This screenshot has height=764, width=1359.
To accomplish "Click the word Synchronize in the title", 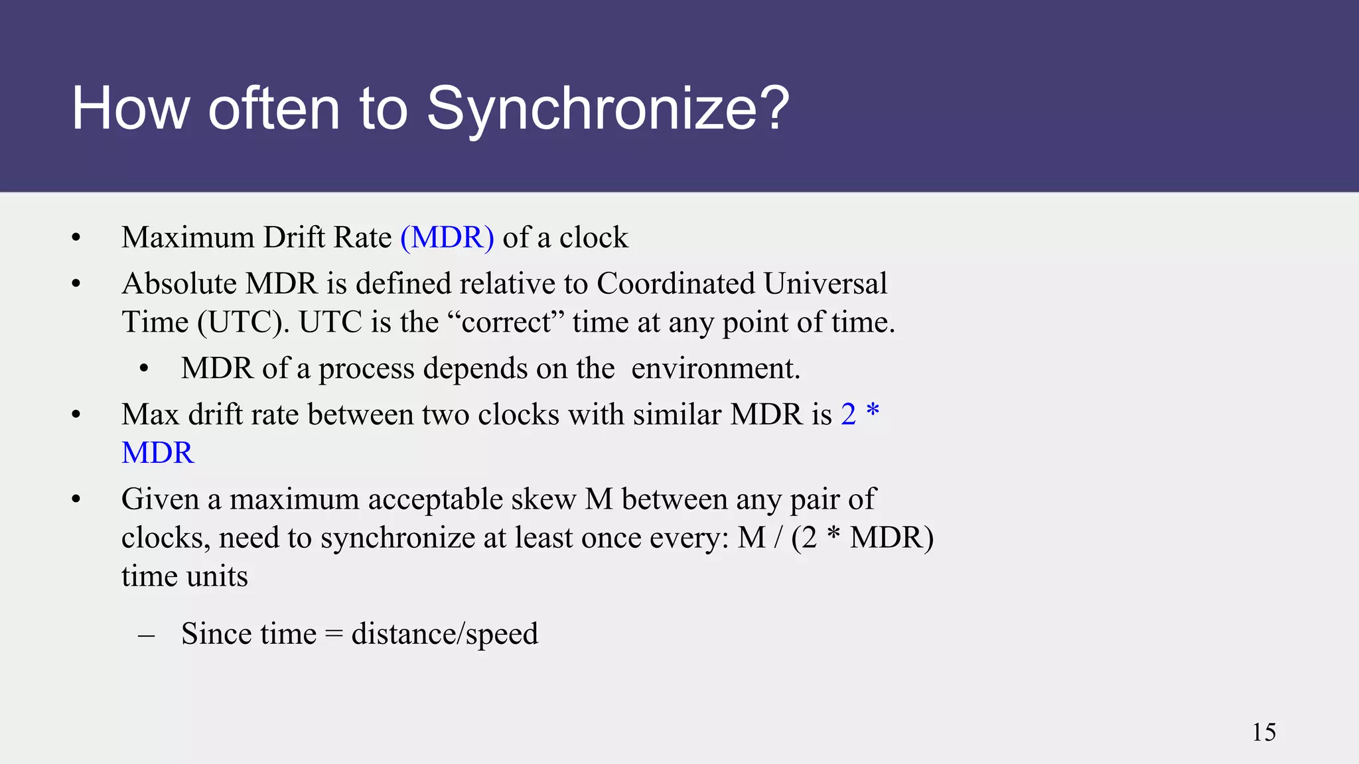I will point(607,109).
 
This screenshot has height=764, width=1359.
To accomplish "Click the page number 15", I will point(1263,732).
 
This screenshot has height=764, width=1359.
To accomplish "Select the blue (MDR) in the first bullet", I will point(447,237).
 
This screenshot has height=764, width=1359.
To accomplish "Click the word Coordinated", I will point(676,284).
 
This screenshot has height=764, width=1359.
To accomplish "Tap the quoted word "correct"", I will point(506,322).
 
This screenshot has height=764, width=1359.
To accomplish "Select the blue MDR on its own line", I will point(158,453).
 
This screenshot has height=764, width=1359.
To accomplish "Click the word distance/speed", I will point(444,634).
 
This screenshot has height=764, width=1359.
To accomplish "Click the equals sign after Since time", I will point(334,635).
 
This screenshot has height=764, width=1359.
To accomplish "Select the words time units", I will point(184,576).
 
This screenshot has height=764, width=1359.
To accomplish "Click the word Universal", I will point(825,284).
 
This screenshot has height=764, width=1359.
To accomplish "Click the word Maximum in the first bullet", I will point(188,237).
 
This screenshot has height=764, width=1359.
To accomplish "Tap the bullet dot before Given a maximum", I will point(76,500).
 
